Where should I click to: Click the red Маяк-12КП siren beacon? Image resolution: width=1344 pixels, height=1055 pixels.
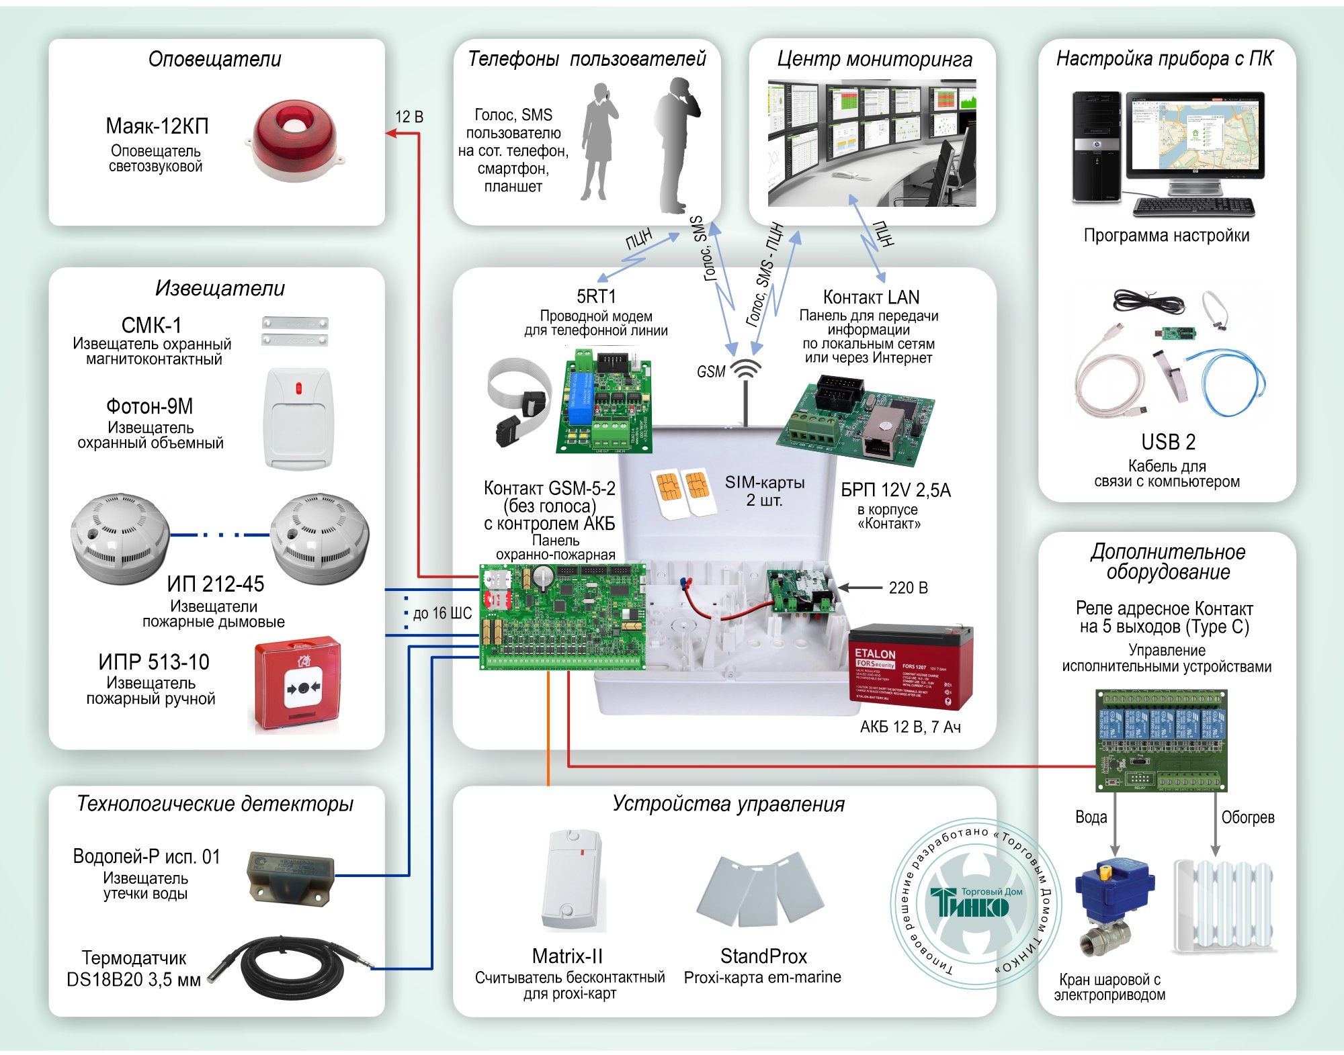tap(293, 142)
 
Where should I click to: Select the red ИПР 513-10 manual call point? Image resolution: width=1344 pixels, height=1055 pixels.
tap(297, 685)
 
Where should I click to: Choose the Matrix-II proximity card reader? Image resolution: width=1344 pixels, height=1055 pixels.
tap(571, 879)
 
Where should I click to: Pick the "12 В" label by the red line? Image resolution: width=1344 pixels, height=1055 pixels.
tap(409, 117)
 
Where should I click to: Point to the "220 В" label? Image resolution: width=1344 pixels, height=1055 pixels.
tap(908, 588)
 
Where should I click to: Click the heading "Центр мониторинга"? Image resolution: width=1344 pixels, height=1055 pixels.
tap(874, 59)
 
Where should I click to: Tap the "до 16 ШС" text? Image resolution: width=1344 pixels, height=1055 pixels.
tap(442, 613)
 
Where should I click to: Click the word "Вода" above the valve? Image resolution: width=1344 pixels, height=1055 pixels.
tap(1091, 817)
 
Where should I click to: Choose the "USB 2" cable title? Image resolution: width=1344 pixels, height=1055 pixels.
tap(1168, 442)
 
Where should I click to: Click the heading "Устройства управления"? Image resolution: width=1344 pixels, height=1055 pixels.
tap(728, 804)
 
